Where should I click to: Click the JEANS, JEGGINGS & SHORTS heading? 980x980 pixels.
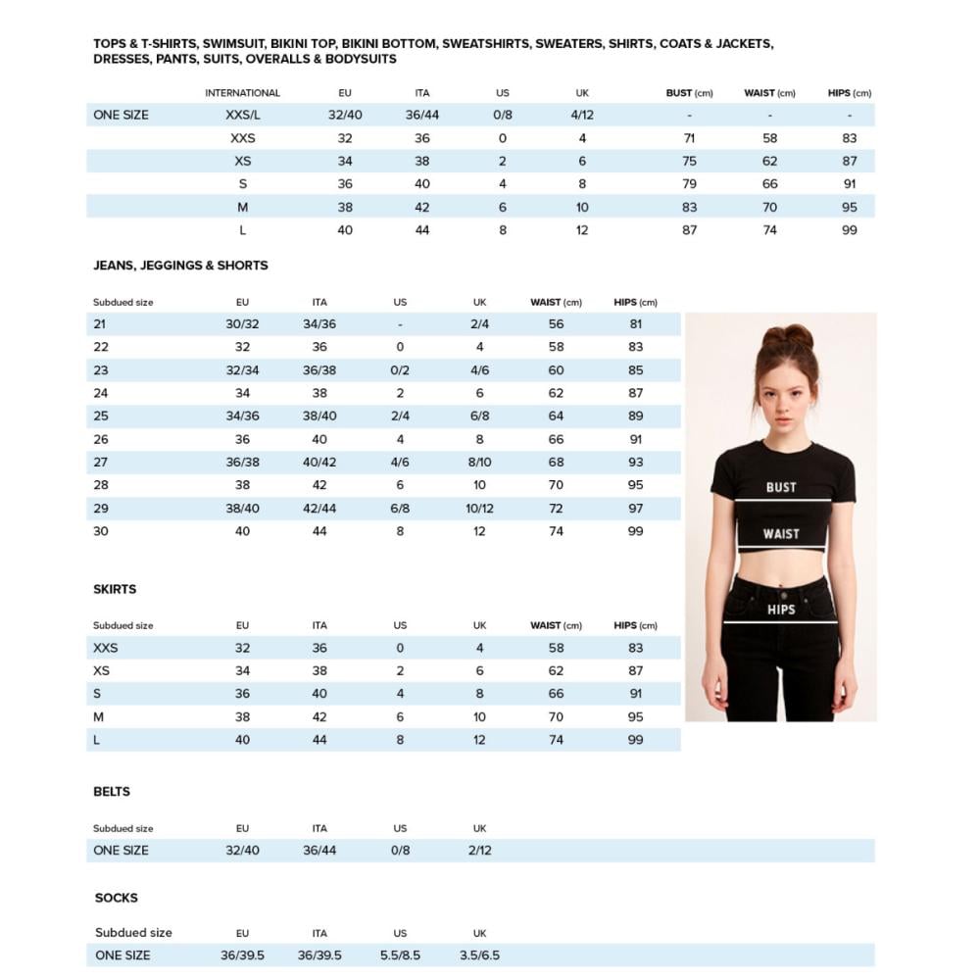tap(180, 266)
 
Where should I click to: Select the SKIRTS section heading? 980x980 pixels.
tap(115, 589)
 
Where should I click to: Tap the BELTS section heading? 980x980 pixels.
tap(112, 792)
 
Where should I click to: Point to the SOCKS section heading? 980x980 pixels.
tap(117, 898)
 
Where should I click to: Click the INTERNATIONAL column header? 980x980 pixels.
tap(242, 93)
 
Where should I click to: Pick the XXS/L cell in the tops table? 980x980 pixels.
tap(242, 115)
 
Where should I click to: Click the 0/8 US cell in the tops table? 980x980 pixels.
tap(502, 115)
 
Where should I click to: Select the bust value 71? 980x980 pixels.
tap(689, 138)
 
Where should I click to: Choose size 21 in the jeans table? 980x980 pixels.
tap(100, 324)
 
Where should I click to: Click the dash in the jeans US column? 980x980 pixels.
tap(400, 324)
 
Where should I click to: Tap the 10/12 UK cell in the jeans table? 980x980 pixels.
tap(479, 509)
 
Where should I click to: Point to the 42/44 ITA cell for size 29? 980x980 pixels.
tap(319, 509)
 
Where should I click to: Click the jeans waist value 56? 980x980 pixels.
tap(556, 324)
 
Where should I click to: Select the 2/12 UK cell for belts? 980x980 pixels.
tap(479, 851)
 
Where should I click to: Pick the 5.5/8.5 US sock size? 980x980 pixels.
tap(400, 955)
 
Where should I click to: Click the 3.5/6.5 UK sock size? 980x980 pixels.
tap(479, 955)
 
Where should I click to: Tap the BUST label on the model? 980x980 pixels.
tap(781, 487)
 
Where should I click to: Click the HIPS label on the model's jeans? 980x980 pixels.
tap(781, 610)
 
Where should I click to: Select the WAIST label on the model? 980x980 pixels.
tap(781, 534)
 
